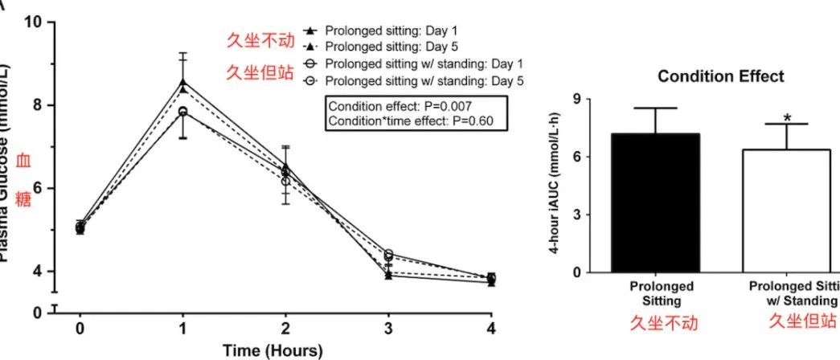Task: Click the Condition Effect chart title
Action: pyautogui.click(x=720, y=77)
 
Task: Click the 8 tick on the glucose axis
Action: pyautogui.click(x=37, y=105)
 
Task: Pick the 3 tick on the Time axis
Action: pyautogui.click(x=389, y=329)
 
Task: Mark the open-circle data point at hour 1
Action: pyautogui.click(x=183, y=112)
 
